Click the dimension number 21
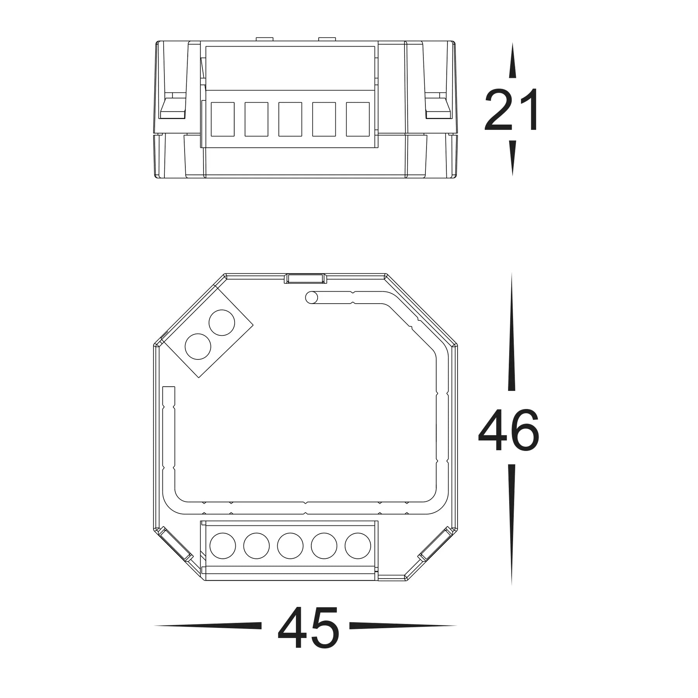[511, 110]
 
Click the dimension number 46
[509, 430]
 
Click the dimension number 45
[308, 636]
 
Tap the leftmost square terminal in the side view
[223, 119]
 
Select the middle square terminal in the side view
[290, 119]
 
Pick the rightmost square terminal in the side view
[358, 119]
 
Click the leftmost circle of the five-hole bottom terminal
[223, 546]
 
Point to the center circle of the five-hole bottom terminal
[290, 546]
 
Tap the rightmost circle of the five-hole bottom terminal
[358, 546]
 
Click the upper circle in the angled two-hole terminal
[222, 323]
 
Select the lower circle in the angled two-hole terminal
[198, 346]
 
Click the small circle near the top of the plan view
[311, 298]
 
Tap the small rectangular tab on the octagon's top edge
[305, 278]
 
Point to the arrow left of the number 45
[209, 636]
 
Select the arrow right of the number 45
[403, 636]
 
